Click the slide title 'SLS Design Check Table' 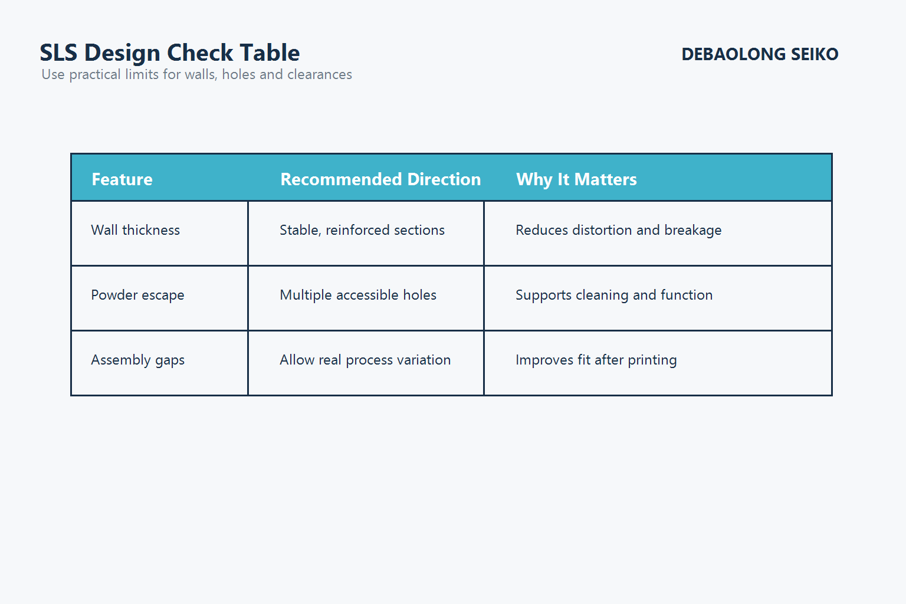point(170,53)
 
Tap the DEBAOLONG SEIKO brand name point(760,54)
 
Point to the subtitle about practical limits point(196,75)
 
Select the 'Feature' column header point(122,179)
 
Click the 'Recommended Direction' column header point(380,179)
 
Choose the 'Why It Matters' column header point(576,179)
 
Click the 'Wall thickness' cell point(136,230)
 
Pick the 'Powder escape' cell point(137,295)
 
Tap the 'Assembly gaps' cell point(137,360)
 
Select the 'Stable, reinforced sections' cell point(362,230)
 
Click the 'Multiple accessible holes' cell point(358,295)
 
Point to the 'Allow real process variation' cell point(365,360)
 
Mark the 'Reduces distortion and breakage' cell point(618,230)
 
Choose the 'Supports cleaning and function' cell point(614,295)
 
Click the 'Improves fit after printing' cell point(596,360)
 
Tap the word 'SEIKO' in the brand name point(814,54)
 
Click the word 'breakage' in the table point(692,231)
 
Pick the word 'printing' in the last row point(652,360)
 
